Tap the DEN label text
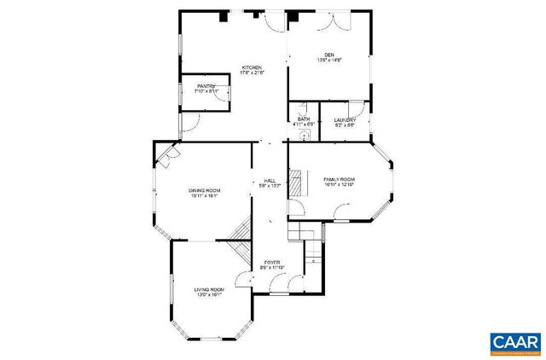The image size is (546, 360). pos(329,54)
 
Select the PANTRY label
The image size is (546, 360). pos(206,85)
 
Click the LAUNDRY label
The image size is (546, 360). pos(345,119)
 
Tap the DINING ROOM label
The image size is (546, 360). pos(204,189)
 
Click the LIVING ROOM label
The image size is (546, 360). pos(209,289)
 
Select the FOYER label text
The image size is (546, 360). pos(271,263)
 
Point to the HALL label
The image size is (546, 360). pos(270,180)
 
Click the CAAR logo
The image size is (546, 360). pos(515,342)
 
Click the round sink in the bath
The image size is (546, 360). pos(302,135)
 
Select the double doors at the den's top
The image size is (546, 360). pos(329,23)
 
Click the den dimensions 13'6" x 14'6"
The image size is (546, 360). pos(329,60)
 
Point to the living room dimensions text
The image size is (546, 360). pos(209,295)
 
